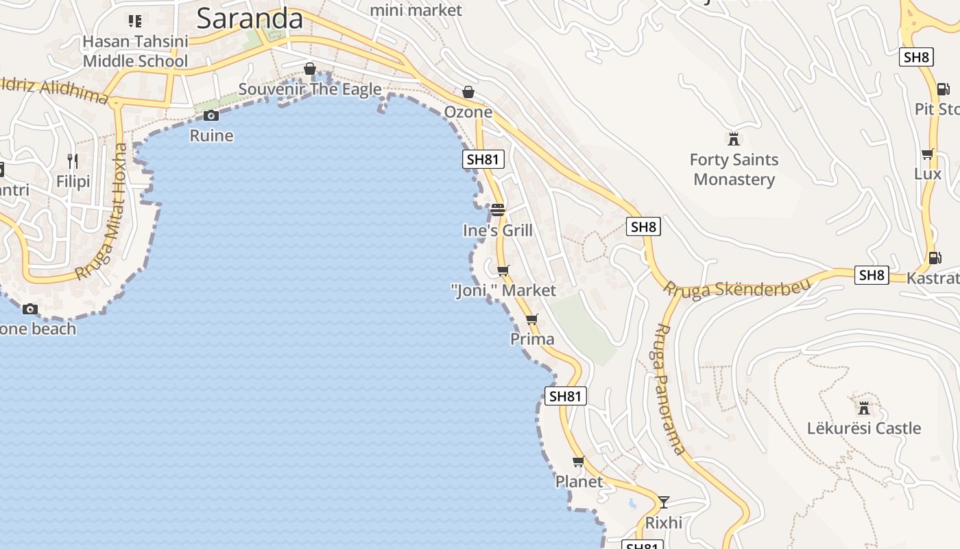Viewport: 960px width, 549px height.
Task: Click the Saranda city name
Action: tap(250, 19)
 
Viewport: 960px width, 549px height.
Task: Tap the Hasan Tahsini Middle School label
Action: tap(135, 51)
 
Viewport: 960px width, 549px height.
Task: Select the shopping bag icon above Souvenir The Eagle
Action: tap(310, 69)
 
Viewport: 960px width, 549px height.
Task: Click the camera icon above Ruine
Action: tap(211, 115)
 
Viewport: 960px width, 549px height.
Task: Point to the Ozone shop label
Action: tap(468, 112)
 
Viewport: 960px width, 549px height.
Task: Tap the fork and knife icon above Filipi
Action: tap(73, 161)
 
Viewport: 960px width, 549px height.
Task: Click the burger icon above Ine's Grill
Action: tap(498, 209)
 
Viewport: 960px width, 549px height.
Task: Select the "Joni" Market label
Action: tap(504, 291)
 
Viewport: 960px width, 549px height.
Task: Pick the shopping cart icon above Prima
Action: tap(532, 319)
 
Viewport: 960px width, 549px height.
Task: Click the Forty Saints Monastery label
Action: tap(734, 170)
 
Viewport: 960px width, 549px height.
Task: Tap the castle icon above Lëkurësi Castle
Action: tap(864, 408)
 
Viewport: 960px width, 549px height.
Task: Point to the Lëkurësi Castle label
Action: tap(864, 428)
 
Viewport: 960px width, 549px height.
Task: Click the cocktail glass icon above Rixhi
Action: tap(663, 502)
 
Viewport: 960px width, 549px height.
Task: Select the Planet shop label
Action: tap(579, 482)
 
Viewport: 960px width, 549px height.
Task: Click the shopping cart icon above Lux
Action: tap(927, 154)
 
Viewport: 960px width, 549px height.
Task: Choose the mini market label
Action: tap(416, 10)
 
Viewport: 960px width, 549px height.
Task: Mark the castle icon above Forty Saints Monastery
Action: tap(734, 139)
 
